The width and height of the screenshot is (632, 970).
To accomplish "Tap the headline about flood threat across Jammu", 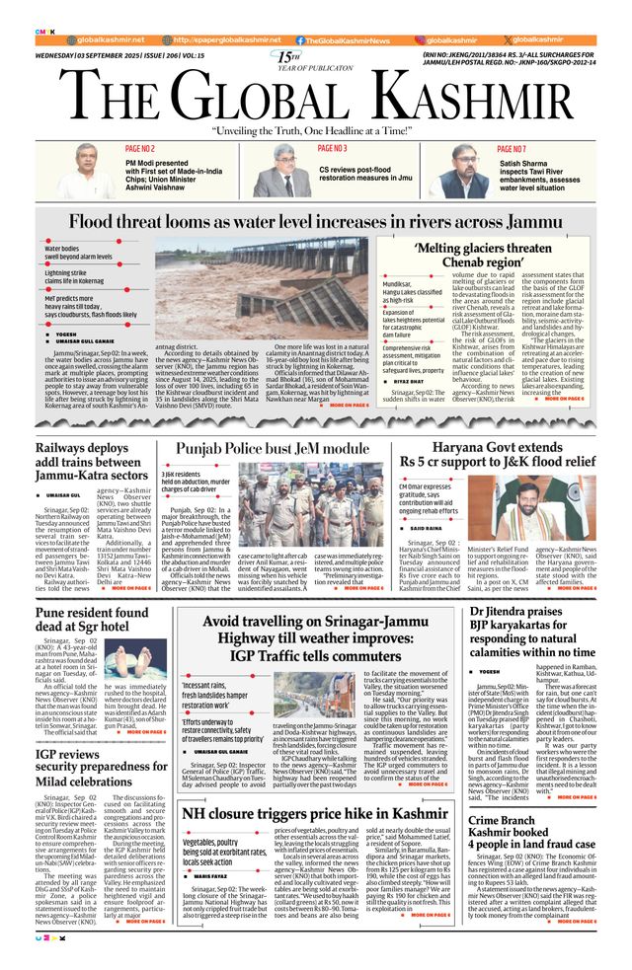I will click(x=316, y=222).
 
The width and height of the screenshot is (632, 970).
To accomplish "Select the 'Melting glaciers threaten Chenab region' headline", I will click(x=483, y=256).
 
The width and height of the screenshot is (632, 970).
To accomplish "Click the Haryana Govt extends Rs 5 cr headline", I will click(x=496, y=454).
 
